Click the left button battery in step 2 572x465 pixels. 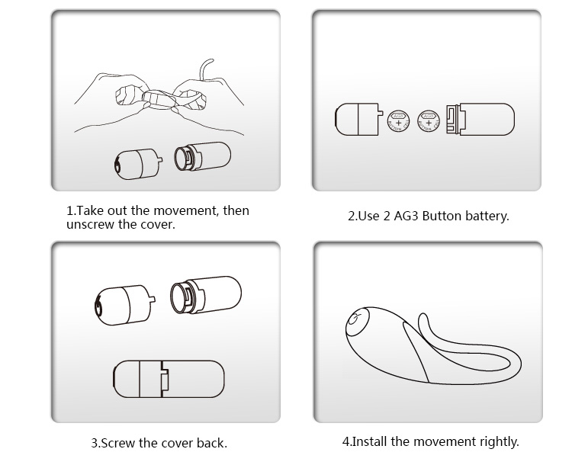[x=397, y=120]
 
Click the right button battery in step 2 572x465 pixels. [x=429, y=120]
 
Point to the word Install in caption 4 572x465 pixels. [x=369, y=441]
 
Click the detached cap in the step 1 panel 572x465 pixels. [x=136, y=162]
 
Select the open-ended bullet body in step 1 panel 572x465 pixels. [x=203, y=157]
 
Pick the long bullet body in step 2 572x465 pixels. [x=481, y=120]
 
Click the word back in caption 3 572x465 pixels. [x=211, y=443]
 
